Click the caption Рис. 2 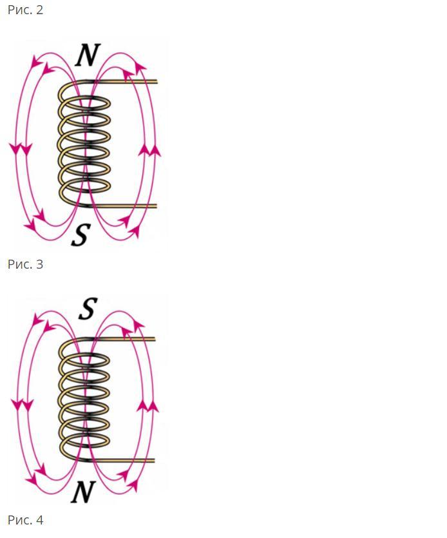coord(25,10)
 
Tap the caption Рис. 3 coord(25,264)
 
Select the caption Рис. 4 coord(25,520)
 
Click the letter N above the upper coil coord(87,56)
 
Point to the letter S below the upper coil coord(79,235)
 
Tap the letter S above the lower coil coord(87,310)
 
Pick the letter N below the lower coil coord(82,493)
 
